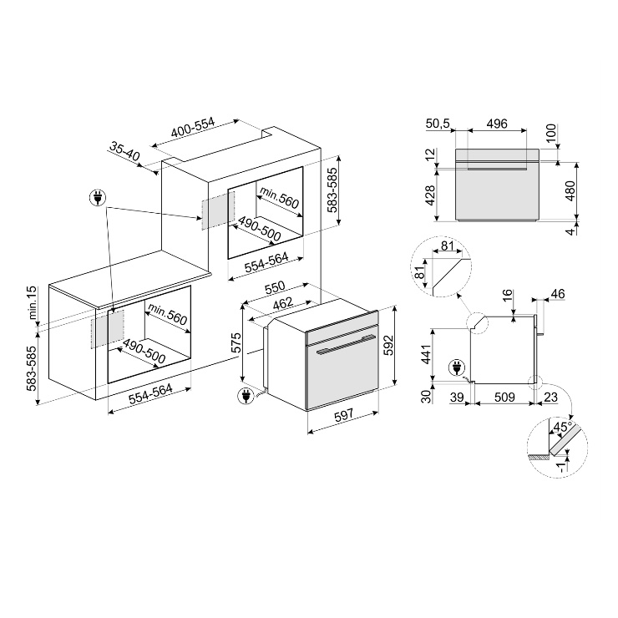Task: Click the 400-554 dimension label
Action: (x=193, y=127)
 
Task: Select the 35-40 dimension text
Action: (x=124, y=152)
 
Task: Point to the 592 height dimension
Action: (x=388, y=345)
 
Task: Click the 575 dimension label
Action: (x=236, y=343)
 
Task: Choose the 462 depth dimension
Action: (x=283, y=303)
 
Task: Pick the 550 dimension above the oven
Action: (x=274, y=287)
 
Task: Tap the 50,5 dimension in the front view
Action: (x=438, y=124)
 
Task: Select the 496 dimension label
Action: (x=497, y=124)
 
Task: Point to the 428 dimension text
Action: (x=430, y=195)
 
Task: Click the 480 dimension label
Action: (x=570, y=191)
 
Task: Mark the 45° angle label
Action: (x=562, y=427)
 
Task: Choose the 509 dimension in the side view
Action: (x=504, y=397)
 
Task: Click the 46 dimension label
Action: (x=557, y=294)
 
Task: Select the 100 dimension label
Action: (x=551, y=134)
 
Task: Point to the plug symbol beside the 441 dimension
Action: (x=457, y=368)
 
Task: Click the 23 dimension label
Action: (x=550, y=397)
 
